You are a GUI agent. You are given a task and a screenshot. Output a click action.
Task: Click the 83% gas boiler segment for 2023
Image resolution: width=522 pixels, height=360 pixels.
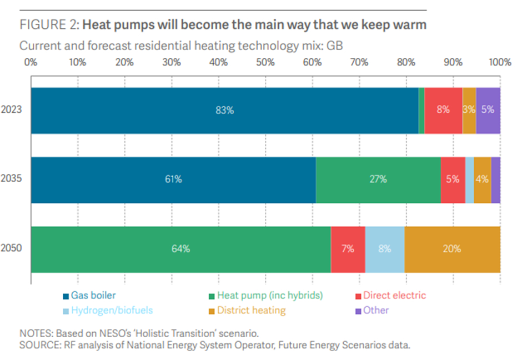(x=224, y=110)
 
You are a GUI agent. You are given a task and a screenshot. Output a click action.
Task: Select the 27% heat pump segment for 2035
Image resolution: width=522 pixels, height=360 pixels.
(x=378, y=179)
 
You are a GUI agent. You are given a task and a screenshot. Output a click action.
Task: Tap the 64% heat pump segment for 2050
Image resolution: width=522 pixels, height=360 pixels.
(x=180, y=249)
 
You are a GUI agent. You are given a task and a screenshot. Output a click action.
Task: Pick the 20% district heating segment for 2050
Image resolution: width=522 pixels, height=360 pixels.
(x=452, y=249)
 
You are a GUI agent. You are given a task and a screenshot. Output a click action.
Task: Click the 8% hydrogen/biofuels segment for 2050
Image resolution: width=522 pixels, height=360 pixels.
(x=385, y=249)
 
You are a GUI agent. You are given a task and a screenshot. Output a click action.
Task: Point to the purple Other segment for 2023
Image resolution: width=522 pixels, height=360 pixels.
(x=488, y=110)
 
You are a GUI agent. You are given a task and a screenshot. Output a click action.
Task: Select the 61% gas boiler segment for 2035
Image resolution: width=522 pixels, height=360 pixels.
(x=173, y=179)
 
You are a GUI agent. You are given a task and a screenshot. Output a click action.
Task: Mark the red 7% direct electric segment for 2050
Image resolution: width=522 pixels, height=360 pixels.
(x=348, y=249)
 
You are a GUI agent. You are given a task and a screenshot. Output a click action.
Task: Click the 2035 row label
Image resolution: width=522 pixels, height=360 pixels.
(x=12, y=179)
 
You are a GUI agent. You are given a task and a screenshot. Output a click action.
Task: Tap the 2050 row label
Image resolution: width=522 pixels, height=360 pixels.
(x=12, y=249)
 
